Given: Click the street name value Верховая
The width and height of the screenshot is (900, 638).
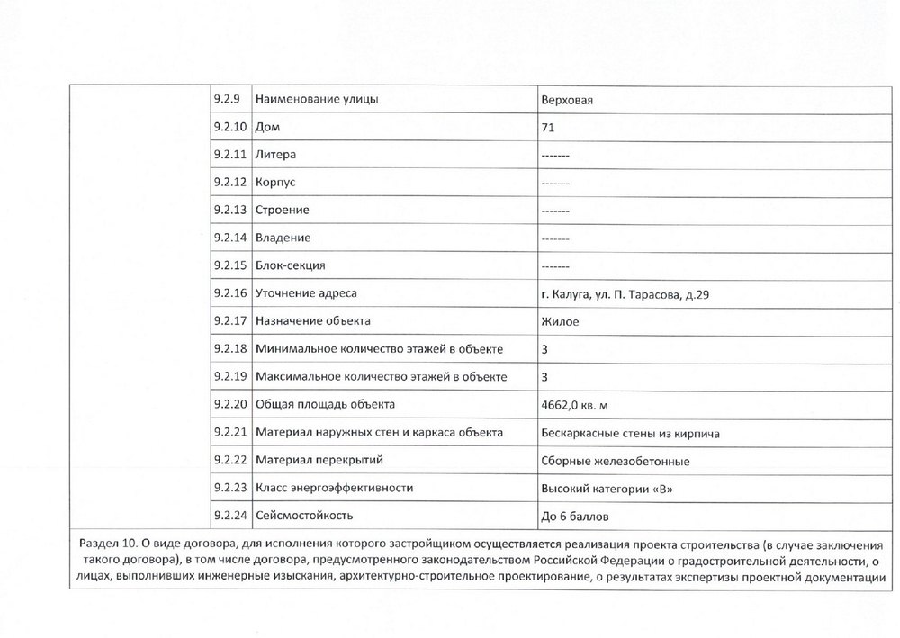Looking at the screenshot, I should (567, 100).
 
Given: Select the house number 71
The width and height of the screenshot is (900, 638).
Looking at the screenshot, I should (547, 128).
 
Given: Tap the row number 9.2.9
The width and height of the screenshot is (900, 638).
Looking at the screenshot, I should (228, 99).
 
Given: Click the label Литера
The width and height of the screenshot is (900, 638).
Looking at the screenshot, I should (276, 155).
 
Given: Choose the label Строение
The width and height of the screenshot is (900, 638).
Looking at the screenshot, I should (283, 211).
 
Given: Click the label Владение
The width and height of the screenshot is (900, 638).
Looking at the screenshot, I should (283, 238).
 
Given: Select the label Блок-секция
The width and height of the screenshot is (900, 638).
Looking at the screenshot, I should (291, 265).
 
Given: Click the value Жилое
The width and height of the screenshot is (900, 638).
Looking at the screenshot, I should (560, 321).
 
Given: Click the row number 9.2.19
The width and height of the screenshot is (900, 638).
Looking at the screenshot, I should (230, 377).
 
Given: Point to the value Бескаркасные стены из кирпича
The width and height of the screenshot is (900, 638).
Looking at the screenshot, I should (630, 433).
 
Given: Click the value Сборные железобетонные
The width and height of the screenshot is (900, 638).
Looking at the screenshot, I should (616, 461).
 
